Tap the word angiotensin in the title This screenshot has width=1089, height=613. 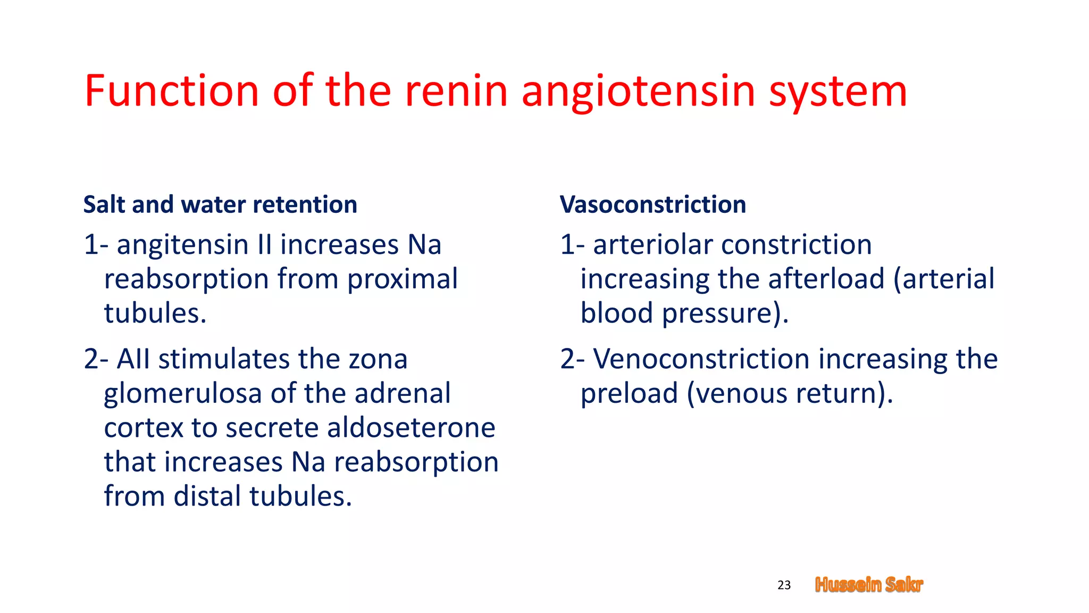638,92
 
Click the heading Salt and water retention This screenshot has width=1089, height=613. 220,204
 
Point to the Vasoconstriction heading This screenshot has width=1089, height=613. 652,204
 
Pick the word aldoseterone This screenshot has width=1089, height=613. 411,428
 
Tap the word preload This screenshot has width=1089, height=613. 629,394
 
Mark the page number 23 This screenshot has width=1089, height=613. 784,585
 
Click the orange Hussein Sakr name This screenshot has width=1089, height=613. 869,585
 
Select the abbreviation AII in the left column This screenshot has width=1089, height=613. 133,359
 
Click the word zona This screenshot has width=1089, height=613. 378,359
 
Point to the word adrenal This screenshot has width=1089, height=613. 403,394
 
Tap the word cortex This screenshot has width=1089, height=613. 143,428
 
